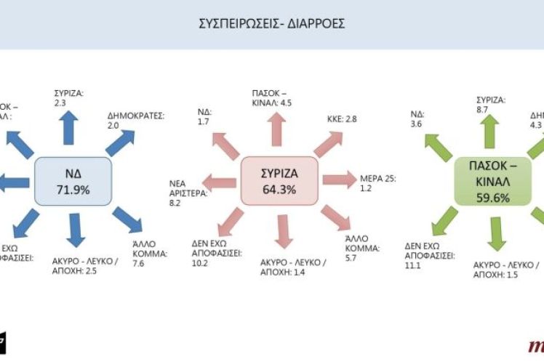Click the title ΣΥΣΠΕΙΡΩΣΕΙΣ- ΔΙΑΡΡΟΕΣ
[x=273, y=24]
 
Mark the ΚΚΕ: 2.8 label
[x=341, y=118]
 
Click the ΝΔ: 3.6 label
[x=417, y=119]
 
